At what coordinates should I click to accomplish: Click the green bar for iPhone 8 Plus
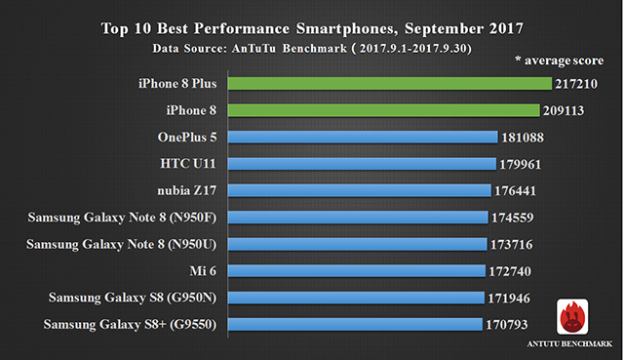click(390, 84)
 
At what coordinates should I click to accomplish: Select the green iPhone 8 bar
click(383, 110)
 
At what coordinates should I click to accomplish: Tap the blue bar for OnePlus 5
click(363, 137)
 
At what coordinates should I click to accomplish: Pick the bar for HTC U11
click(362, 164)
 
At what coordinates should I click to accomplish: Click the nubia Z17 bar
click(360, 190)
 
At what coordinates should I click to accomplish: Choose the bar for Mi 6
click(357, 271)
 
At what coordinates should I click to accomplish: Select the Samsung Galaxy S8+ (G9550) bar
click(355, 324)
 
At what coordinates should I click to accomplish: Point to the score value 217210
click(576, 84)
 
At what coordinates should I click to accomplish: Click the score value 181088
click(523, 138)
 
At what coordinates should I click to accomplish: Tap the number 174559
click(512, 218)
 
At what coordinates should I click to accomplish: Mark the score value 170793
click(507, 325)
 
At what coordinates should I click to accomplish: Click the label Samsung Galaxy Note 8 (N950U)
click(121, 244)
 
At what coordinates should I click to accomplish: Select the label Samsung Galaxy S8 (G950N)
click(133, 298)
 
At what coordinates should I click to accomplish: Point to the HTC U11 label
click(188, 163)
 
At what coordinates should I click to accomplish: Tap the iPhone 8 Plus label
click(177, 83)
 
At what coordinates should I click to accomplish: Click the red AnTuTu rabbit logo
click(572, 317)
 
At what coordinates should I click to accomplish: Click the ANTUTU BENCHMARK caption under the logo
click(569, 343)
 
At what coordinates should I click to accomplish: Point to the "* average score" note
click(559, 60)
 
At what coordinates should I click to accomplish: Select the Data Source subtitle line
click(312, 49)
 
